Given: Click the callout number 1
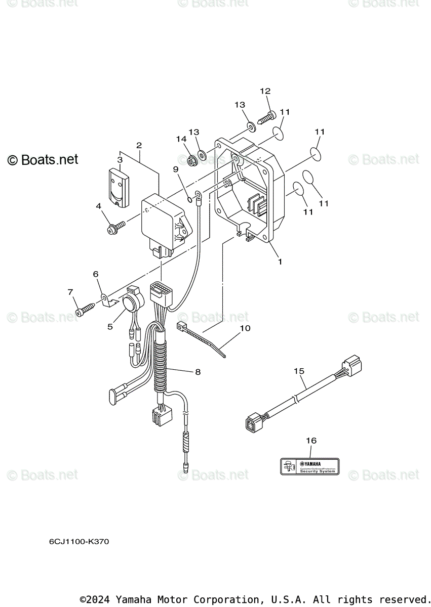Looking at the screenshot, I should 280,262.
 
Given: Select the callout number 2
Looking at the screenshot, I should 139,145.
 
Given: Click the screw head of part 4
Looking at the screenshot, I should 111,230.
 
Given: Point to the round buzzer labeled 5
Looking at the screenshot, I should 129,302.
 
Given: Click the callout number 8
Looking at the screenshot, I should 198,372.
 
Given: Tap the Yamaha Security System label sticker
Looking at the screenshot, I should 310,466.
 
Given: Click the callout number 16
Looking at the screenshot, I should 311,441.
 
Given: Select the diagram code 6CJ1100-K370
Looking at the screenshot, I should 79,542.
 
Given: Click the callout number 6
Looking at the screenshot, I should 95,274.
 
